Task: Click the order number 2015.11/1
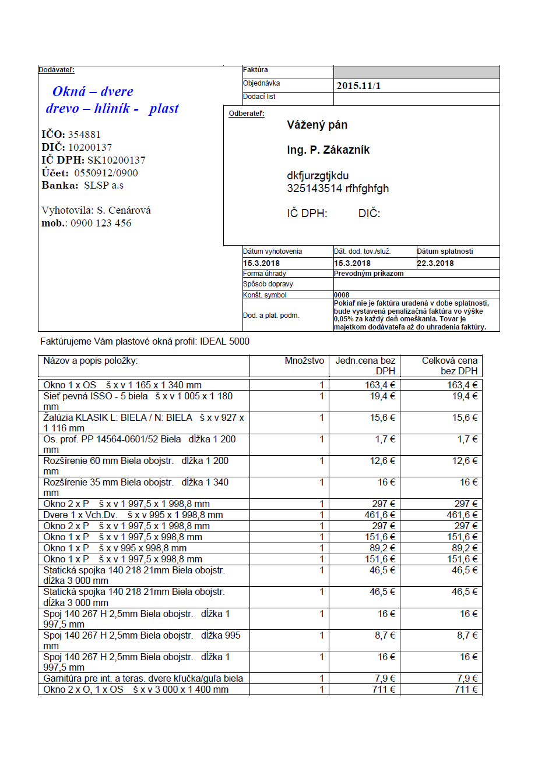358,86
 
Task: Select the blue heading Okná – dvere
93,91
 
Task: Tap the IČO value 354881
84,134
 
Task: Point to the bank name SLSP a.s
104,186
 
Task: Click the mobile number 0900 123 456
101,223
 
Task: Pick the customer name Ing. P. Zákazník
328,150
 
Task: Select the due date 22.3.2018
435,263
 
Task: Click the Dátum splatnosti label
445,251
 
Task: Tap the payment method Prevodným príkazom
368,274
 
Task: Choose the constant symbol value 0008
342,295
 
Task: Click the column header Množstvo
304,361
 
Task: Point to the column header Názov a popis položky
90,361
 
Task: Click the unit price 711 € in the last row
385,690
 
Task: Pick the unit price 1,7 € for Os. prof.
385,440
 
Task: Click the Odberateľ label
247,114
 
